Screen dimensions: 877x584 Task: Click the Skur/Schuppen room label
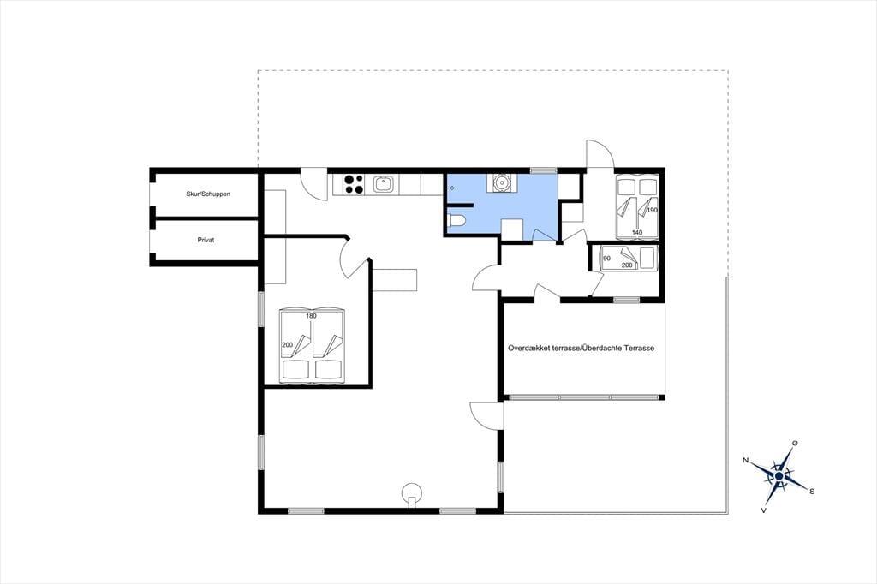pyautogui.click(x=208, y=194)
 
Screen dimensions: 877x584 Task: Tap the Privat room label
pyautogui.click(x=206, y=240)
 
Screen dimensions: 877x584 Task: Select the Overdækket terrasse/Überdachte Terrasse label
pyautogui.click(x=582, y=348)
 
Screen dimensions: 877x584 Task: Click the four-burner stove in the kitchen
pyautogui.click(x=354, y=184)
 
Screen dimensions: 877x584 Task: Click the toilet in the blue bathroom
pyautogui.click(x=456, y=222)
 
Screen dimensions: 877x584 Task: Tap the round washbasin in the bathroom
pyautogui.click(x=500, y=182)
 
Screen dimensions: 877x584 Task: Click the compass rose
pyautogui.click(x=779, y=476)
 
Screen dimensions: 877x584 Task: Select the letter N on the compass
pyautogui.click(x=746, y=461)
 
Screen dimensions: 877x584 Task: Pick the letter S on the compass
pyautogui.click(x=812, y=492)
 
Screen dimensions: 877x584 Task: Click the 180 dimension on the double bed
pyautogui.click(x=311, y=316)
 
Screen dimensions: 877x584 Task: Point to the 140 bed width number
pyautogui.click(x=637, y=232)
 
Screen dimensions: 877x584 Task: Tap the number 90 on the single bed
pyautogui.click(x=607, y=259)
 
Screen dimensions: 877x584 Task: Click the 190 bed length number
pyautogui.click(x=652, y=211)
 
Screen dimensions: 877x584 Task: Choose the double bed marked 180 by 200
pyautogui.click(x=312, y=345)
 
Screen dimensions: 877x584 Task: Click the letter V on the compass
pyautogui.click(x=763, y=510)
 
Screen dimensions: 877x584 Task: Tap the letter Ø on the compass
pyautogui.click(x=796, y=444)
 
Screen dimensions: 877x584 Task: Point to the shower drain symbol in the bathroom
pyautogui.click(x=452, y=188)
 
